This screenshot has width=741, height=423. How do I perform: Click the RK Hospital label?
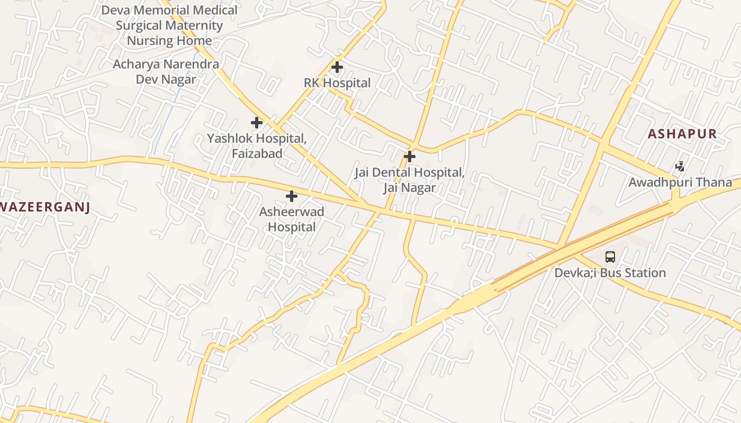(x=337, y=83)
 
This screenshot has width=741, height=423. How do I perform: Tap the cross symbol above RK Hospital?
(x=337, y=67)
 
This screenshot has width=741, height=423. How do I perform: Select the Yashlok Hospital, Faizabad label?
(x=257, y=146)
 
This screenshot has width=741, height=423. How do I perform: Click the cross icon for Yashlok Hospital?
(x=257, y=123)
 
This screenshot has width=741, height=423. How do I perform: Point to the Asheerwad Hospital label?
(x=292, y=219)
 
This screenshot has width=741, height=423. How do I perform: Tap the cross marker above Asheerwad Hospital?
(x=292, y=196)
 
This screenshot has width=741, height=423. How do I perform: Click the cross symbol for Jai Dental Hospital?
(x=410, y=157)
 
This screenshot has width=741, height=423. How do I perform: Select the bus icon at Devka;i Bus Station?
(x=610, y=257)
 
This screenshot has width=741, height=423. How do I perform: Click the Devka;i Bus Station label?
(x=610, y=273)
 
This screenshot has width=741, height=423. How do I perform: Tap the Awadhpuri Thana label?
(x=680, y=182)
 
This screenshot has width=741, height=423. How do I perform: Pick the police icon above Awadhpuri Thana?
(x=680, y=167)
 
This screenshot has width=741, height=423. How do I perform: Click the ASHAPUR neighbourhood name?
(x=682, y=134)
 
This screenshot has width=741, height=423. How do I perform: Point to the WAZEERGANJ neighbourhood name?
(x=44, y=207)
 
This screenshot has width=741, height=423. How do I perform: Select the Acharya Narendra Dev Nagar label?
(x=166, y=72)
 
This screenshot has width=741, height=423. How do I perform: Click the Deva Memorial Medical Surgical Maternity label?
(x=169, y=17)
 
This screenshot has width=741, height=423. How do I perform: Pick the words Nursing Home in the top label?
(x=169, y=40)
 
